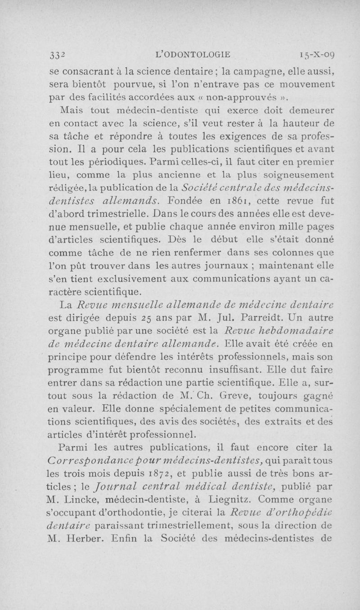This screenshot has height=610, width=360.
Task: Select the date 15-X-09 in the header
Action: pyautogui.click(x=315, y=55)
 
